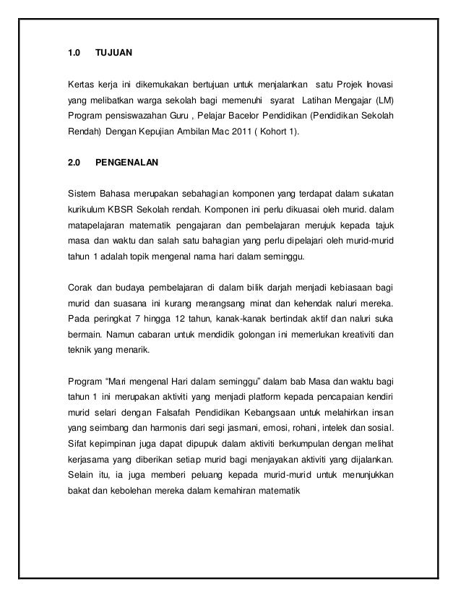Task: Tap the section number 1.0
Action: pos(73,53)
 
